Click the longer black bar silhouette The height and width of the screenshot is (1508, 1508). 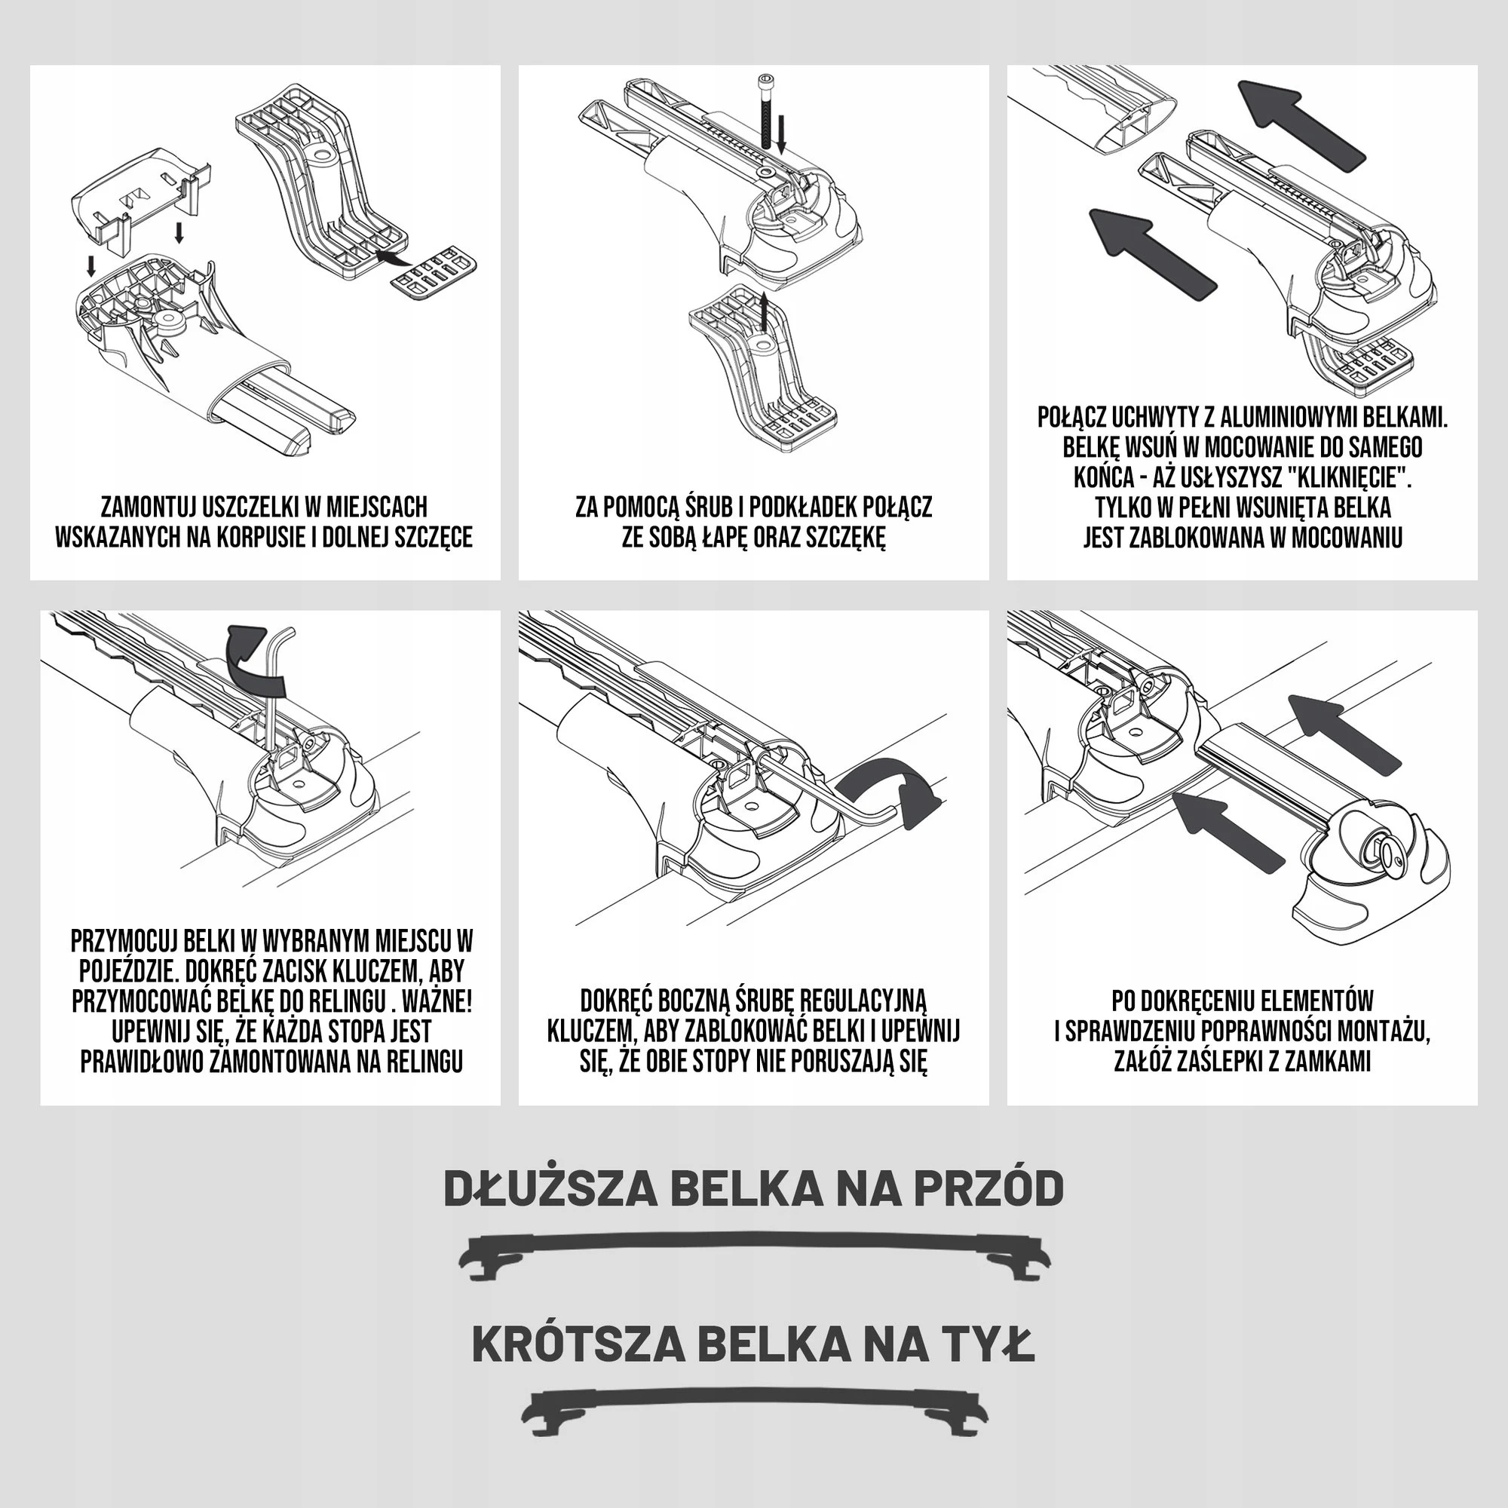point(754,1257)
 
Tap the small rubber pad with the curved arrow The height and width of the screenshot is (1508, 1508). point(434,272)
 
